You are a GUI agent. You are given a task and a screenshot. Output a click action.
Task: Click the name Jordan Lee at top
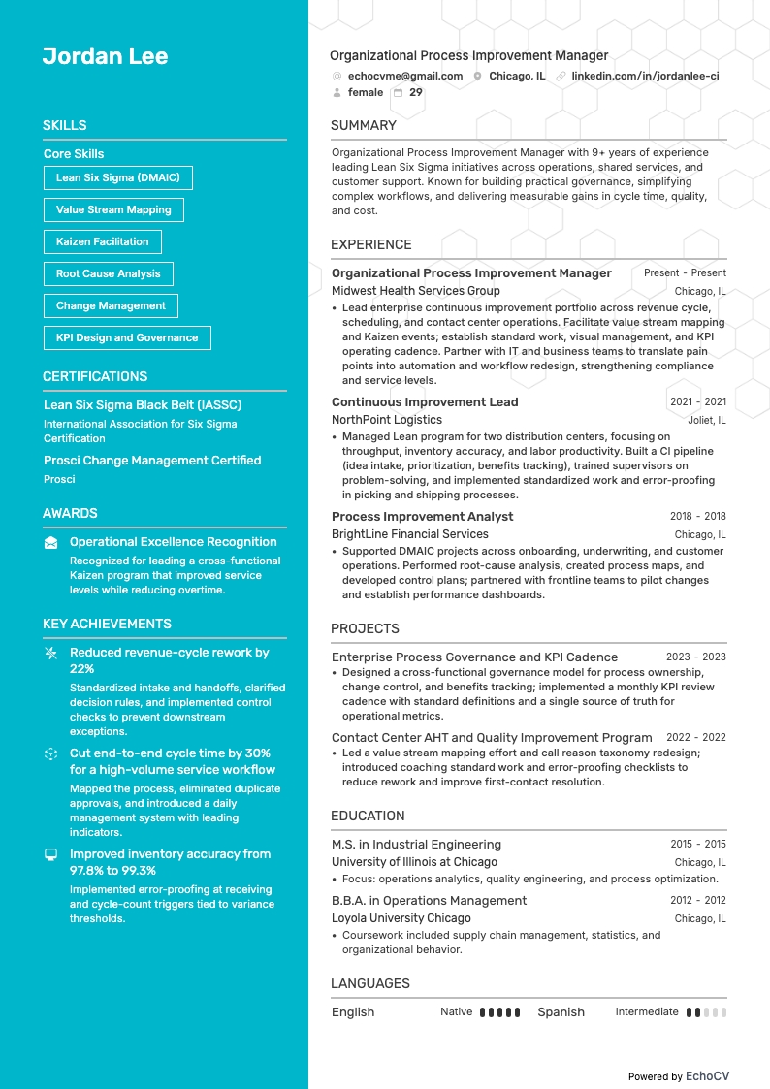[x=105, y=56]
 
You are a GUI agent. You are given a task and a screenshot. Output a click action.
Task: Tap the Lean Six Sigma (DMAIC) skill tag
[x=117, y=177]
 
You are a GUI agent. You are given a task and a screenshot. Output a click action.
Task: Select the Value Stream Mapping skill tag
[x=113, y=209]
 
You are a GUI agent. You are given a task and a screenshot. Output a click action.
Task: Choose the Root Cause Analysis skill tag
[x=108, y=273]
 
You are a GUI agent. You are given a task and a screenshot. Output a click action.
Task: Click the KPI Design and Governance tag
[x=127, y=337]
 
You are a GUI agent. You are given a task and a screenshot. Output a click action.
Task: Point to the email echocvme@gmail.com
[x=404, y=76]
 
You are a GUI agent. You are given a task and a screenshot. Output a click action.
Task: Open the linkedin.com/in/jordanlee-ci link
[x=645, y=76]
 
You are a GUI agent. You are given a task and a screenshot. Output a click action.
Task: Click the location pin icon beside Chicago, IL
[x=477, y=76]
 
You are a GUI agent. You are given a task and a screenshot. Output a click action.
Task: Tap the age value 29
[x=416, y=93]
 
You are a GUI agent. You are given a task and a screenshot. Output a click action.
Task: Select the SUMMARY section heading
[x=363, y=125]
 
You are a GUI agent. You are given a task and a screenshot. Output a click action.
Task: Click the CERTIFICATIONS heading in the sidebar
[x=95, y=376]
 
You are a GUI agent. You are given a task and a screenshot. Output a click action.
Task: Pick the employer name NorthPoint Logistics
[x=386, y=420]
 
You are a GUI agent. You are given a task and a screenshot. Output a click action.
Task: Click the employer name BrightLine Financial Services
[x=409, y=534]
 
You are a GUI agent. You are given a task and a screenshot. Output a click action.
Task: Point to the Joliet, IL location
[x=707, y=421]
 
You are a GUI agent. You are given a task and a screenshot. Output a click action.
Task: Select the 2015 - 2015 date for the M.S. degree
[x=697, y=845]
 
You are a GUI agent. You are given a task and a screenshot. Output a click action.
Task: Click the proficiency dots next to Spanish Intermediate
[x=705, y=1012]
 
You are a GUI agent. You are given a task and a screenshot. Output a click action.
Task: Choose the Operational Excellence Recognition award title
[x=173, y=542]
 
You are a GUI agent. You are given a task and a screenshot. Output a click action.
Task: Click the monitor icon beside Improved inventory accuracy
[x=50, y=854]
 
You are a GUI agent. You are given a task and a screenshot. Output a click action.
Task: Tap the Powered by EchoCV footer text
[x=678, y=1076]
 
